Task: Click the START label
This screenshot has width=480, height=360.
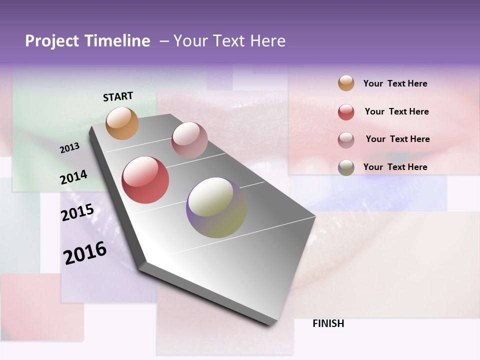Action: point(118,96)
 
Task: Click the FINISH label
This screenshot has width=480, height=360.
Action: point(328,323)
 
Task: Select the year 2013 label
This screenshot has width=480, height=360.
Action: point(70,148)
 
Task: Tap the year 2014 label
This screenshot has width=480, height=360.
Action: point(73,177)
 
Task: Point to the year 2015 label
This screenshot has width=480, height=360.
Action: point(77,212)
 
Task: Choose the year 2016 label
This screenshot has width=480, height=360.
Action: point(85,253)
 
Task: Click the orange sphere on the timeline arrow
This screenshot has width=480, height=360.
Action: point(122,123)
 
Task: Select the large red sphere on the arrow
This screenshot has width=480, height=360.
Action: point(145,180)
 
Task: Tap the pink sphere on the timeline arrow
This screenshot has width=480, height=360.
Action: point(189,140)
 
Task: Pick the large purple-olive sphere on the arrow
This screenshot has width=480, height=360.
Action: point(216,207)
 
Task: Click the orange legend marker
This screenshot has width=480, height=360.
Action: point(346,83)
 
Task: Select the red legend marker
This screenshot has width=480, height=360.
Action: point(346,112)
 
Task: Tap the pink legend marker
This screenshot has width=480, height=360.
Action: point(346,140)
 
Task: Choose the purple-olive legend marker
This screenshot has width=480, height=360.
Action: point(346,167)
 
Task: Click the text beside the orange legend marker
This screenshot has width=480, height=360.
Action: point(395,83)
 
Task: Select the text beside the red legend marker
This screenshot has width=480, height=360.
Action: point(396,111)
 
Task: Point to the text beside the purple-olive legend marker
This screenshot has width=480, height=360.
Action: point(395,167)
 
